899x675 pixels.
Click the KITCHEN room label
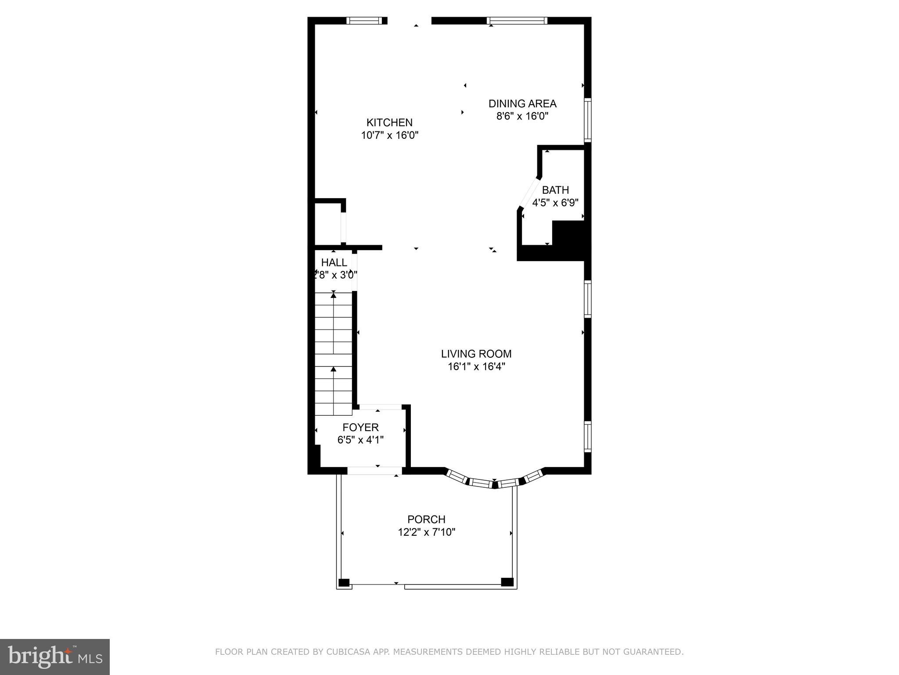tap(389, 122)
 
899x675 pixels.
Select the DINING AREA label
tap(522, 104)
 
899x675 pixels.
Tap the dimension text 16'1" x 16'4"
tap(476, 367)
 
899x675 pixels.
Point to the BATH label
tap(555, 190)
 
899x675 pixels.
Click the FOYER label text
tap(360, 427)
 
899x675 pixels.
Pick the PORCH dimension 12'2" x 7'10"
tap(426, 532)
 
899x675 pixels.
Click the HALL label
tap(334, 262)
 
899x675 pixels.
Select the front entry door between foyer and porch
tap(374, 471)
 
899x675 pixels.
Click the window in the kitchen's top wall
tap(363, 21)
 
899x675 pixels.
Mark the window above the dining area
tap(517, 21)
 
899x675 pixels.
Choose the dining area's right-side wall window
tap(587, 120)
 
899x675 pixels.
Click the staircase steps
tap(334, 354)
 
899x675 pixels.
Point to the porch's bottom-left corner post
tap(344, 583)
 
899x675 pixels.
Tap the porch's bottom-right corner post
tap(507, 582)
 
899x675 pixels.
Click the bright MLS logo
tap(55, 657)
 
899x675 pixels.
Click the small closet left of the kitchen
tap(328, 223)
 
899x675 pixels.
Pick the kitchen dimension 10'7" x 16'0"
tap(389, 135)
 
